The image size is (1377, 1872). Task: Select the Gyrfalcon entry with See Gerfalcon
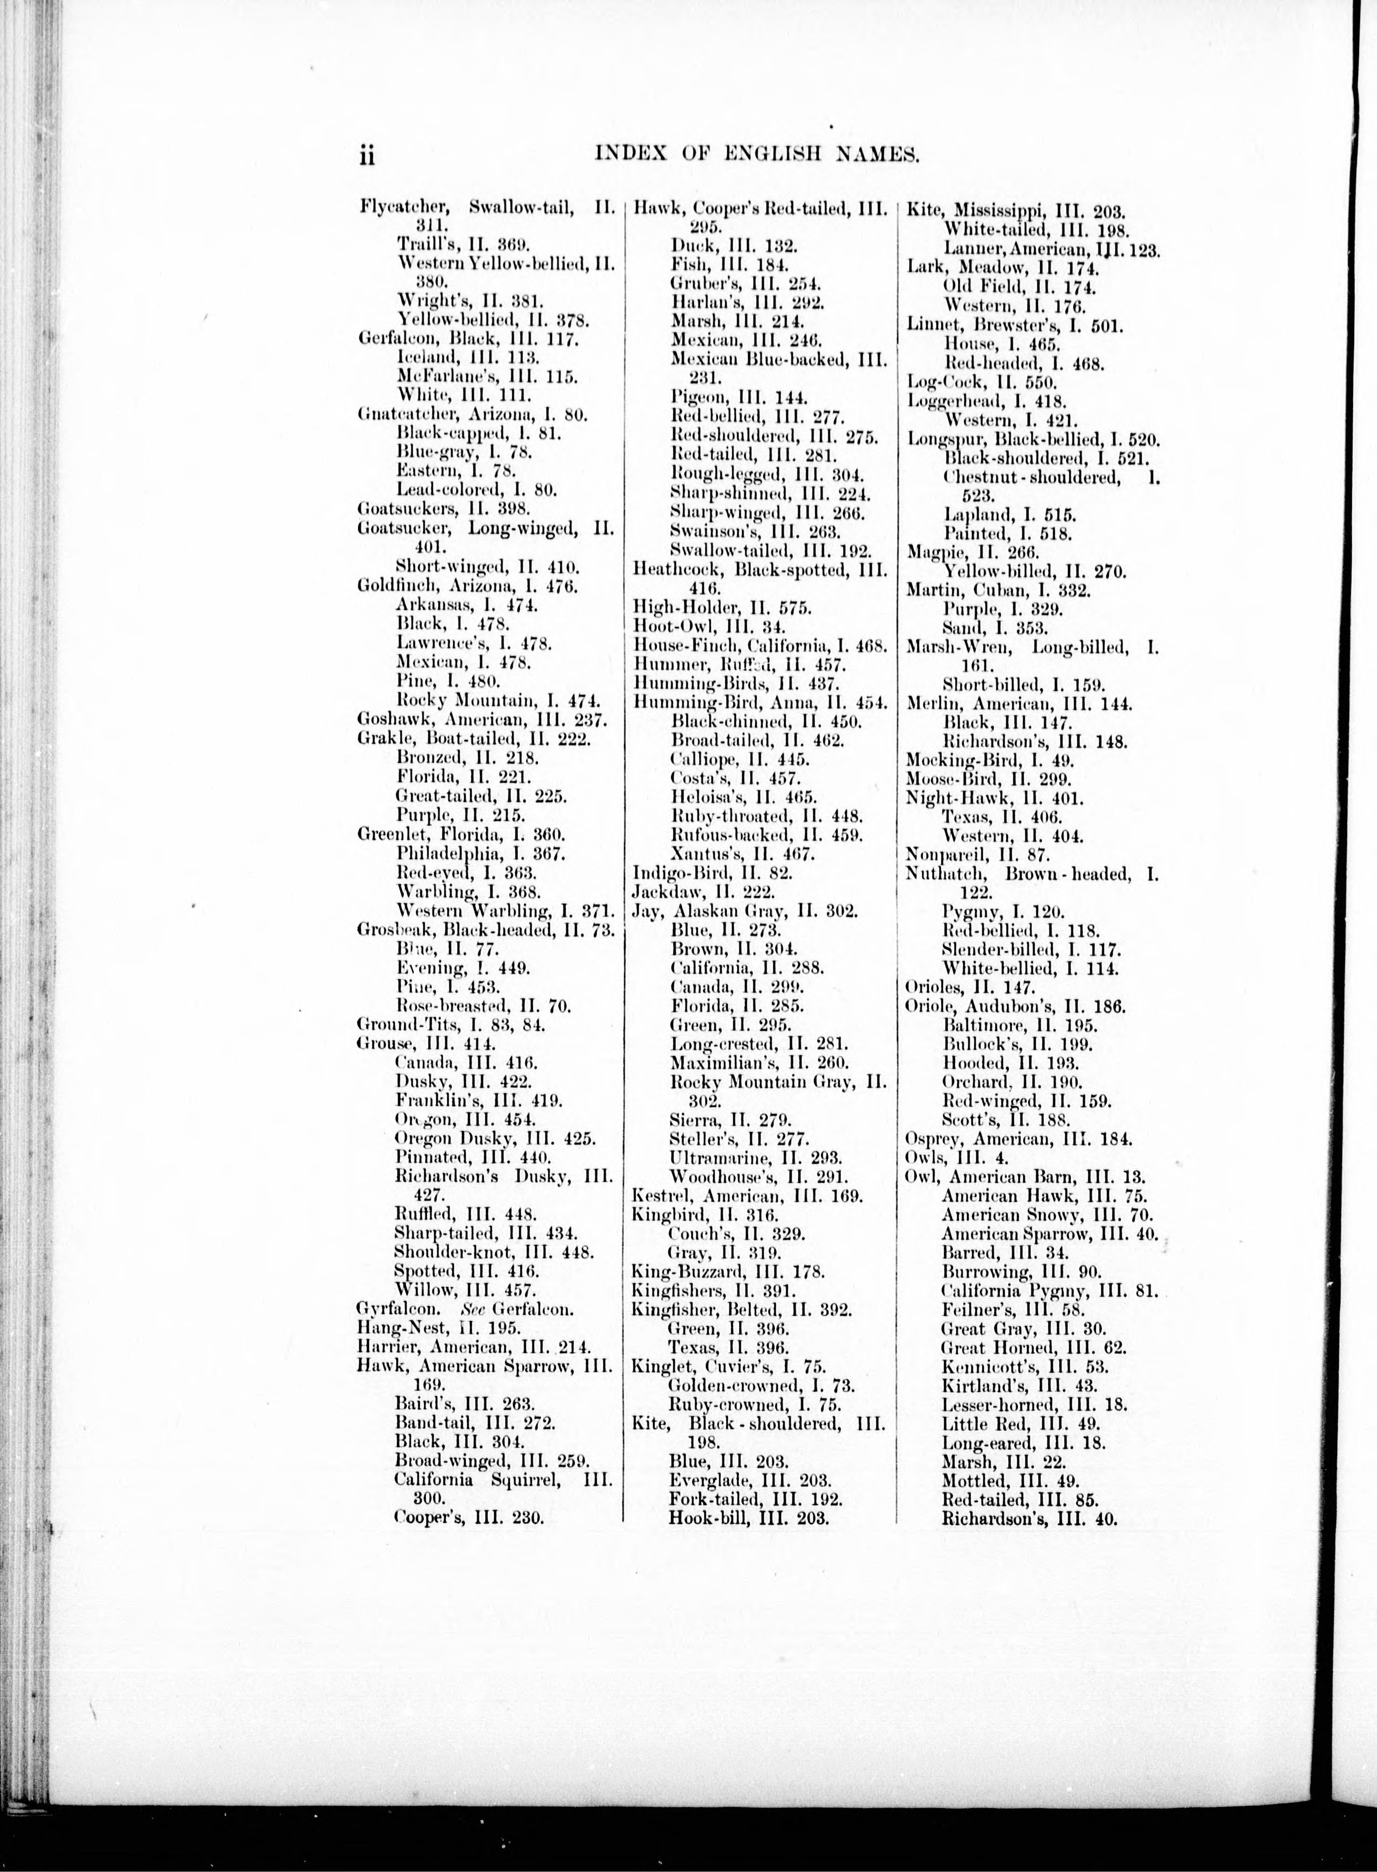(x=465, y=1309)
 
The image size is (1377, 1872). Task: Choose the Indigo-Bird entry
(x=712, y=873)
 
